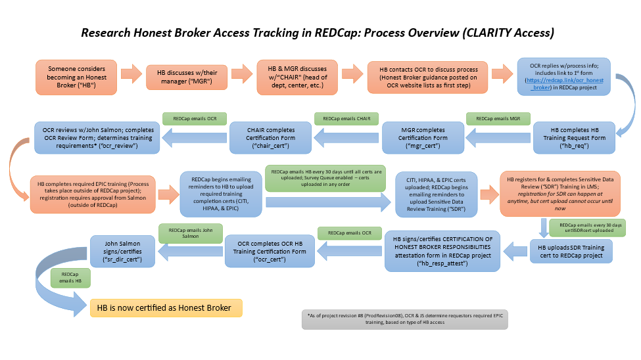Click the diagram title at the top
[318, 33]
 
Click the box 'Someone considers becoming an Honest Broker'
[76, 78]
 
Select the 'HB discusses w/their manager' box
[187, 77]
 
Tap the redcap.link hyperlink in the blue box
[565, 84]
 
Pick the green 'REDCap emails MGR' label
[498, 118]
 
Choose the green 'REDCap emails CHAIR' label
[346, 118]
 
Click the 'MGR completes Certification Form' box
[423, 138]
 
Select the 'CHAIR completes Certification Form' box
[271, 138]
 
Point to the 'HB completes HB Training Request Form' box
[574, 138]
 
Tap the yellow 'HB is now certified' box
[166, 307]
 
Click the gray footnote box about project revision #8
[405, 319]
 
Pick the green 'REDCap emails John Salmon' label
[191, 233]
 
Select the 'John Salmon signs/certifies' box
[122, 252]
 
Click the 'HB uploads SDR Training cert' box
[571, 252]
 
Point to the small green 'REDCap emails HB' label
[70, 277]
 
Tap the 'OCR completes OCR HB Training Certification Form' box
[270, 252]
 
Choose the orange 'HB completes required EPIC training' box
[93, 194]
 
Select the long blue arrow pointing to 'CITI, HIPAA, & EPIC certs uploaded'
[328, 202]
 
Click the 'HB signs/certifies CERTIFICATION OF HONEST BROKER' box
[442, 252]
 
